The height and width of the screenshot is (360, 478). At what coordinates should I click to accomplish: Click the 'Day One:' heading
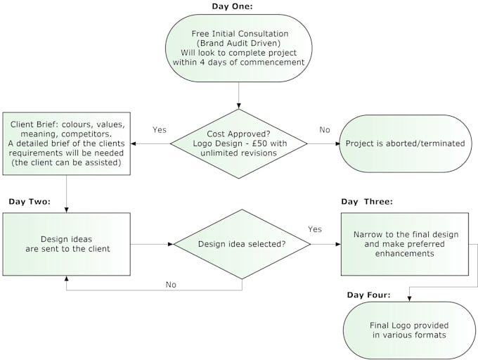coord(232,6)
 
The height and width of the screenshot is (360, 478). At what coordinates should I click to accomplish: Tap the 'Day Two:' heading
coord(29,202)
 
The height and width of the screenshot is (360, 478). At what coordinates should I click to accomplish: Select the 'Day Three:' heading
coord(366,202)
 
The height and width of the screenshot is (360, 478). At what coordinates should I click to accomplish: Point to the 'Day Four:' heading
coord(368,294)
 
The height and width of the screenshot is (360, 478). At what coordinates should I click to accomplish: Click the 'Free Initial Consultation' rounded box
coord(239,48)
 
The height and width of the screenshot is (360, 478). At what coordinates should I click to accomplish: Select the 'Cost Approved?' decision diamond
coord(239,143)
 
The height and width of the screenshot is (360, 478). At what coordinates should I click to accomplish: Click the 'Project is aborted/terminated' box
coord(405,143)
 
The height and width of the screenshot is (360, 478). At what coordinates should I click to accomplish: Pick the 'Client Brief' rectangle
coord(67,143)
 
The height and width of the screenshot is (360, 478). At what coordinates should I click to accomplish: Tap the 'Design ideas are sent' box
coord(67,243)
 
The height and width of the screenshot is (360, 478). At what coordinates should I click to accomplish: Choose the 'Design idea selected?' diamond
coord(242,244)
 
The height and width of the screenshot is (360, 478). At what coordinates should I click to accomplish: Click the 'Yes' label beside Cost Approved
coord(159,129)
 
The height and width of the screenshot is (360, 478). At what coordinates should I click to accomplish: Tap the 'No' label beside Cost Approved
coord(325,129)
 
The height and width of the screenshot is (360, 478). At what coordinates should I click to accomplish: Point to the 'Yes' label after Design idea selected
coord(314,229)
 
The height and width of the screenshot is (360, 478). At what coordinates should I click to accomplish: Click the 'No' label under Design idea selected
coord(171,285)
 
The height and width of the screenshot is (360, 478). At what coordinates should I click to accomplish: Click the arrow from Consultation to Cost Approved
coord(239,95)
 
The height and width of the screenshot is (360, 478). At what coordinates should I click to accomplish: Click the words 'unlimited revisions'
coord(239,154)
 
